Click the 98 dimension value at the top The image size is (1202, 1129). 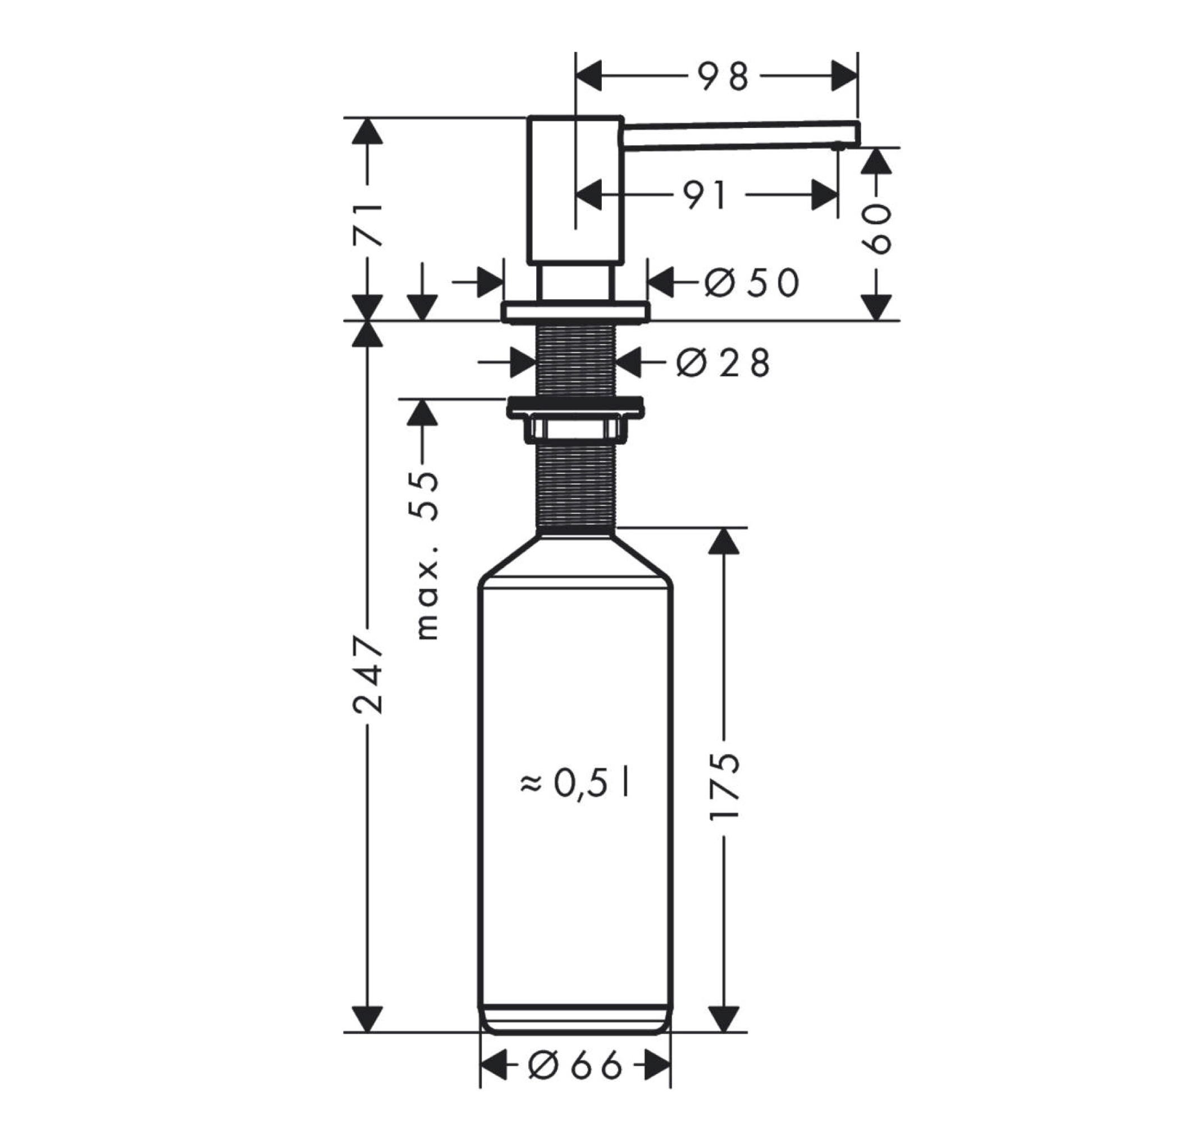coord(723,76)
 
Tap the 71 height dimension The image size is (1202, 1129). coord(367,225)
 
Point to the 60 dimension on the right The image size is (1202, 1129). coord(876,228)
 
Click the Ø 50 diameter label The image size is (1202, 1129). coord(752,282)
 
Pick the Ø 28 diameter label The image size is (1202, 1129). coord(723,363)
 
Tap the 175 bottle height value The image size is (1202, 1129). coord(724,786)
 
